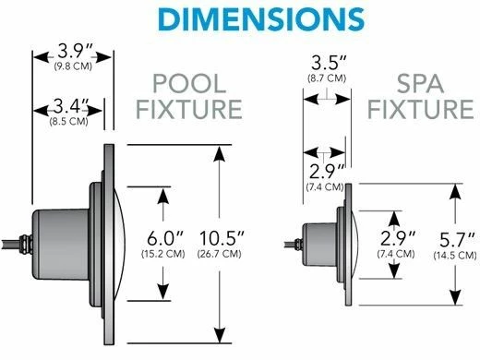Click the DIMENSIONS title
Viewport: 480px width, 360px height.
pos(240,20)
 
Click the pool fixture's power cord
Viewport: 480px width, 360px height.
pos(14,244)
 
